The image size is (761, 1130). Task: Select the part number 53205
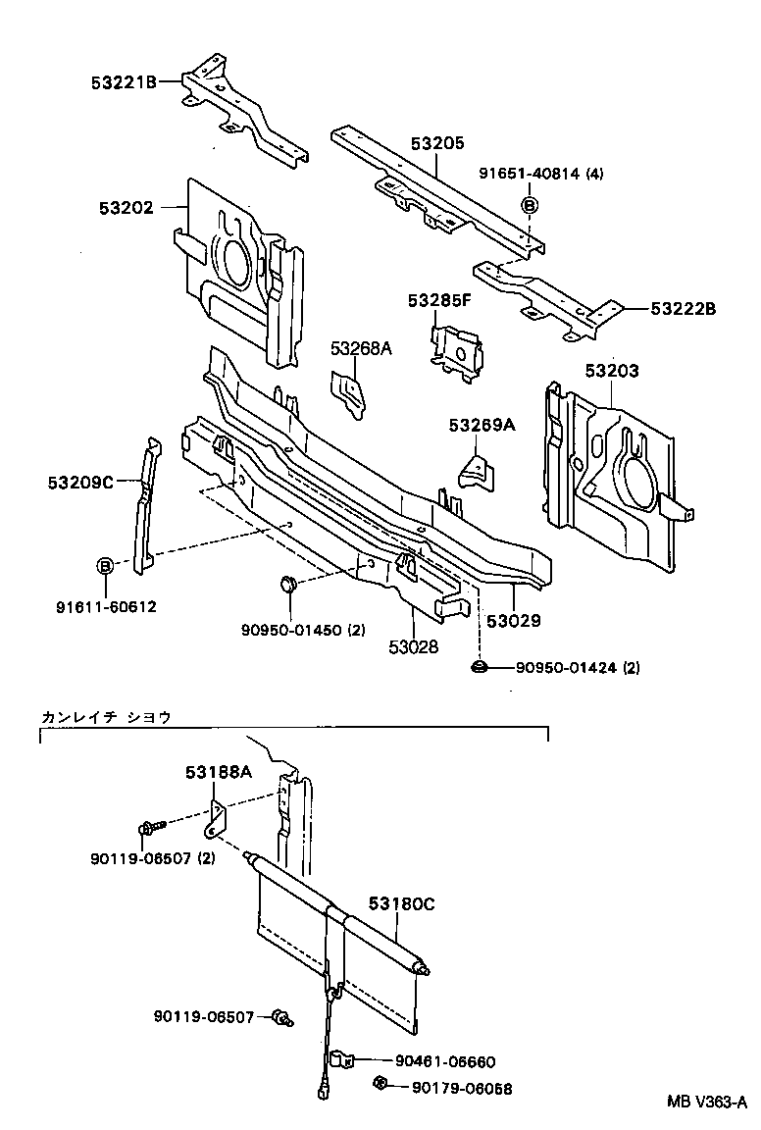437,143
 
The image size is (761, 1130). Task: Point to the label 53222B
684,309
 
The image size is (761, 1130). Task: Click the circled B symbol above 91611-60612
104,565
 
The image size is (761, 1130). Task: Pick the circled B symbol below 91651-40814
529,205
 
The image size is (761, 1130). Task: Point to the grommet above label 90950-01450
288,585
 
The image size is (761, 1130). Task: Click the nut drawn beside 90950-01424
478,668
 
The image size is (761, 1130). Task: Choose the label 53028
412,646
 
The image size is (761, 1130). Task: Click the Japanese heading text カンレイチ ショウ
106,717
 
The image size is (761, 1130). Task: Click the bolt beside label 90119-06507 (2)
149,828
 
